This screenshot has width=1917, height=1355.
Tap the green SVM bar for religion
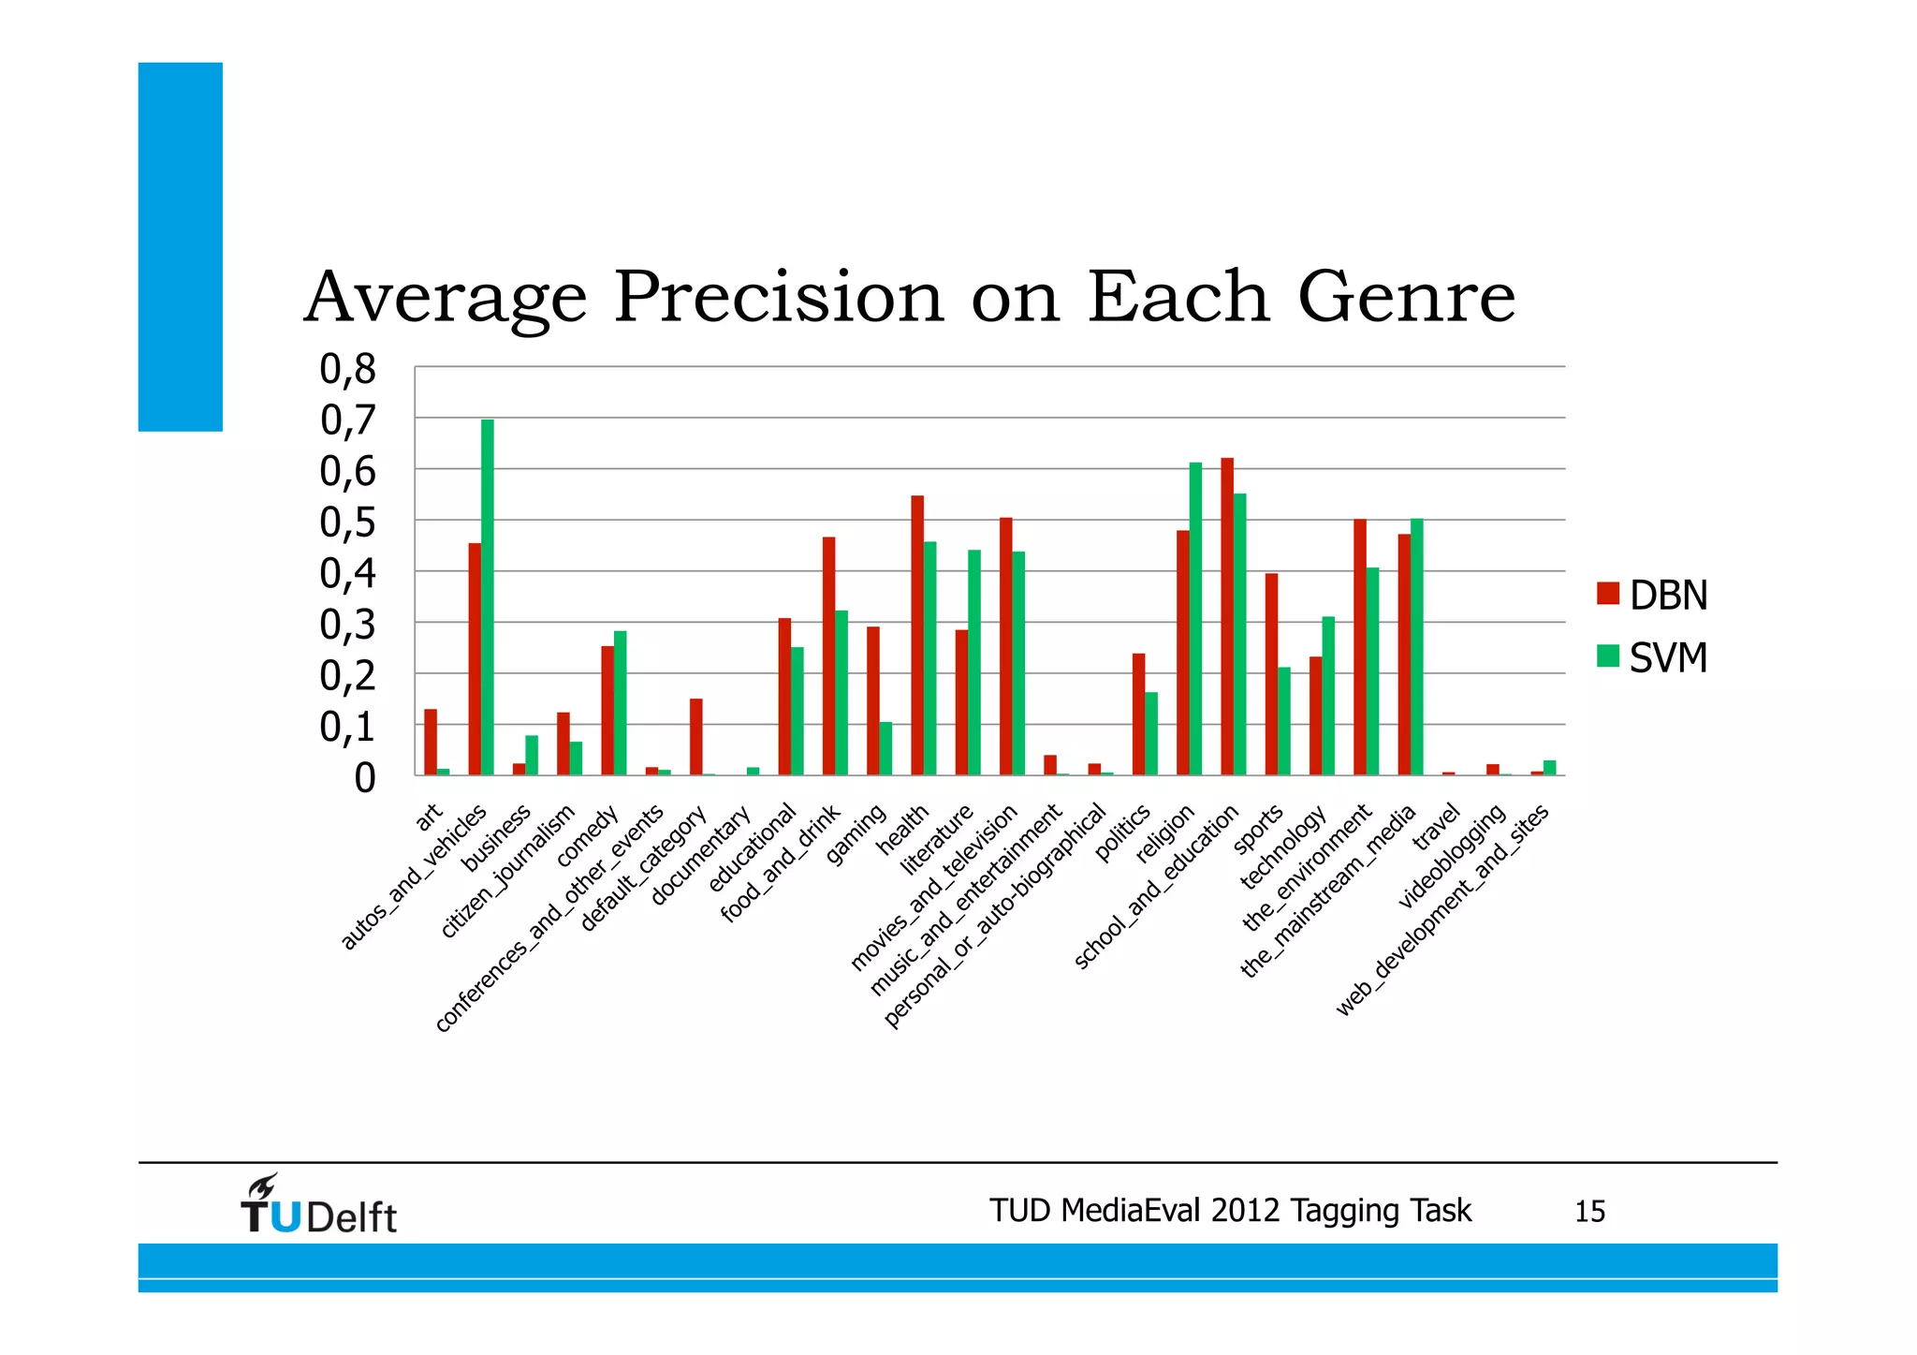pyautogui.click(x=1195, y=618)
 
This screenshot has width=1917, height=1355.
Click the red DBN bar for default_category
pyautogui.click(x=696, y=737)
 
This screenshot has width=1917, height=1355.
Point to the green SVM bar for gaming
pyautogui.click(x=885, y=748)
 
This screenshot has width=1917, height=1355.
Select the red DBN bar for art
pyautogui.click(x=431, y=742)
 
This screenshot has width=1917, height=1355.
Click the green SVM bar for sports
pyautogui.click(x=1284, y=721)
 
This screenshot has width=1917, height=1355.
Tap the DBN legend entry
pyautogui.click(x=1652, y=596)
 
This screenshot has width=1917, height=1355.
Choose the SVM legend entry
pyautogui.click(x=1652, y=657)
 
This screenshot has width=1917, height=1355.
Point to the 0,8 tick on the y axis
pyautogui.click(x=347, y=369)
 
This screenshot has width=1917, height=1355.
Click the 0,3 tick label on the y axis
pyautogui.click(x=347, y=625)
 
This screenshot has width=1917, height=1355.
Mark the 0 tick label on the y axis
pyautogui.click(x=364, y=778)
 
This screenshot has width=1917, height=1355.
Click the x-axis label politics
pyautogui.click(x=1122, y=832)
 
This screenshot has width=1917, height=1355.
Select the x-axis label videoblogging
pyautogui.click(x=1451, y=856)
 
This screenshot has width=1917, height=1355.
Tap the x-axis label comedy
pyautogui.click(x=588, y=835)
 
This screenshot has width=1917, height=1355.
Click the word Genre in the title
pyautogui.click(x=1406, y=298)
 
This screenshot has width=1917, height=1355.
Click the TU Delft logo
pyautogui.click(x=318, y=1205)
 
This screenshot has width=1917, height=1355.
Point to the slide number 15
pyautogui.click(x=1589, y=1212)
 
